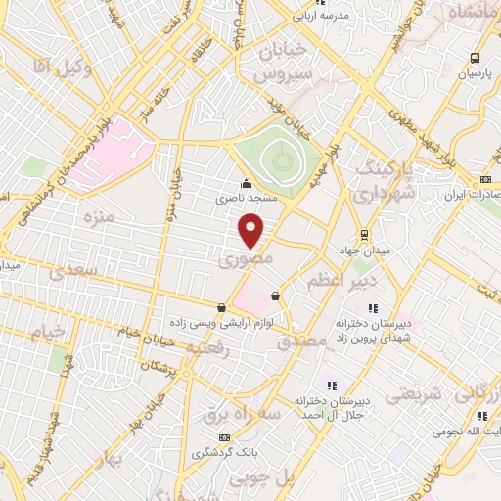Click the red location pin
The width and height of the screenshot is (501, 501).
coord(251,230)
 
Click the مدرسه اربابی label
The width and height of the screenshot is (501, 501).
coord(336,16)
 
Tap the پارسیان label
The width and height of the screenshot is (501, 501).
coord(476,73)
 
